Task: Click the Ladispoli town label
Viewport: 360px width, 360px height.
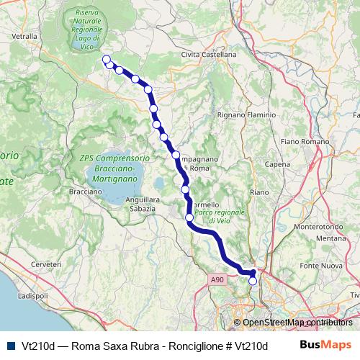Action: point(32,296)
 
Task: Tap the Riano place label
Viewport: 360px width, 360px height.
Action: point(258,193)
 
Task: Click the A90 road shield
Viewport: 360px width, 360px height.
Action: point(219,279)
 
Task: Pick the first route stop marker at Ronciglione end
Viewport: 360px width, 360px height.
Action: point(106,60)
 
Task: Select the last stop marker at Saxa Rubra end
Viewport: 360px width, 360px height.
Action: point(253,282)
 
